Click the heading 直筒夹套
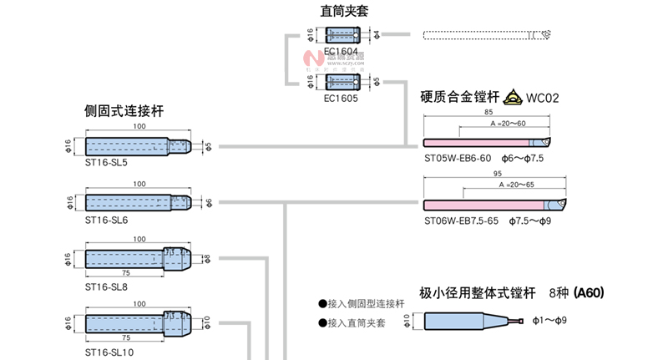point(344,11)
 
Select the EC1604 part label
point(341,51)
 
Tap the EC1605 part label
point(341,98)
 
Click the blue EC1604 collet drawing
point(342,35)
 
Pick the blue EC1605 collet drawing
point(342,82)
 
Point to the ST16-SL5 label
point(106,162)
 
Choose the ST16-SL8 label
point(106,286)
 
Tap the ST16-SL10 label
point(109,352)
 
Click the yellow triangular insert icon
point(511,97)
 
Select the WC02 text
point(543,98)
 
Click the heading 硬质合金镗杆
point(459,97)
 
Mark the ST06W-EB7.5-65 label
point(461,221)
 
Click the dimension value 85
point(488,112)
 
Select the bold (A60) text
point(588,292)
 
